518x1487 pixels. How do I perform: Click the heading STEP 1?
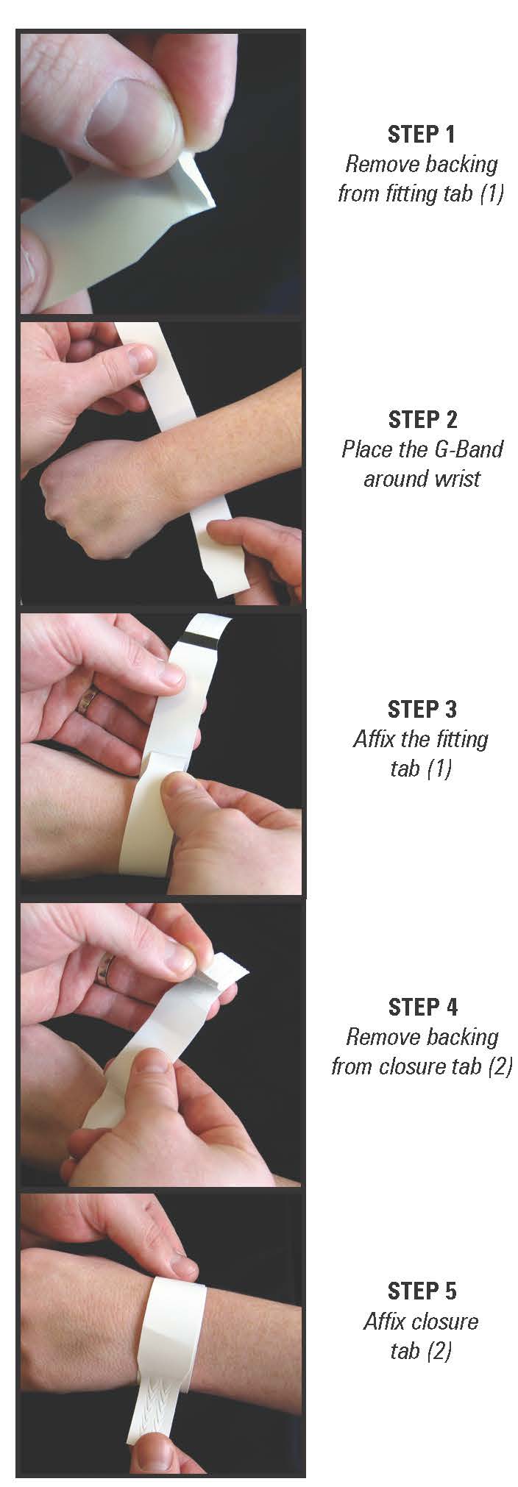(x=421, y=134)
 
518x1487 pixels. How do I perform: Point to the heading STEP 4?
(x=422, y=1007)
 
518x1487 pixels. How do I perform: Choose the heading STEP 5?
(x=422, y=1291)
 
